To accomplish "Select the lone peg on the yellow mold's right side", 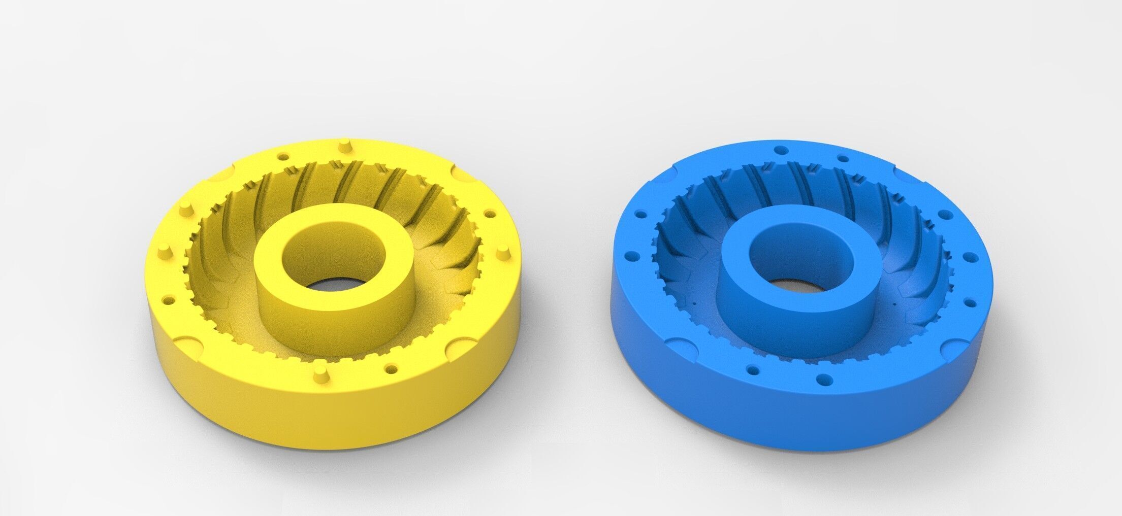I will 502,252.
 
